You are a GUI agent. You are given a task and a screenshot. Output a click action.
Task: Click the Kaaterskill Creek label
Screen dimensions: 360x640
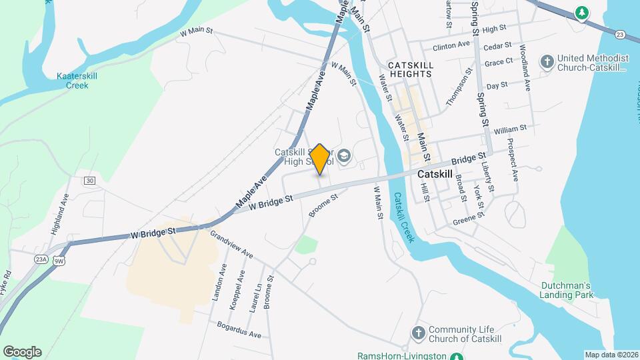77,81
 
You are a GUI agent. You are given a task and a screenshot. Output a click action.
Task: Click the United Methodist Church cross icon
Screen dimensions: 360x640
547,63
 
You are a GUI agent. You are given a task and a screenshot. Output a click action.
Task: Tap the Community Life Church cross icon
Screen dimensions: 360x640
418,332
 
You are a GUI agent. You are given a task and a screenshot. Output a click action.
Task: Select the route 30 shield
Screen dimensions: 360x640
90,181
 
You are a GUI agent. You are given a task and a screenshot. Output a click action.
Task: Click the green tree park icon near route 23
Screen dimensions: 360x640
581,12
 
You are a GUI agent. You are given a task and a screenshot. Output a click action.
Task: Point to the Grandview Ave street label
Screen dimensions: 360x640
231,245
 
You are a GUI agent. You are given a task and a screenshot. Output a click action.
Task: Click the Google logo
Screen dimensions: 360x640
22,352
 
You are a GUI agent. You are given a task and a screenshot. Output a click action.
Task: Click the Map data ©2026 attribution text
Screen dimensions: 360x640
611,355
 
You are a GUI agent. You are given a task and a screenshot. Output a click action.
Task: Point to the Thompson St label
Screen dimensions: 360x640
459,87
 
